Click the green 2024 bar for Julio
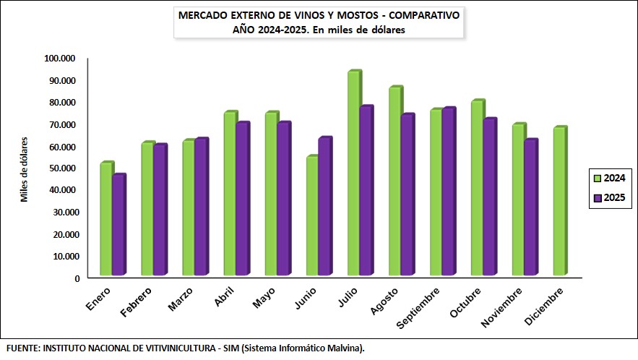click(x=353, y=173)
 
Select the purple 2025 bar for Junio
click(x=324, y=207)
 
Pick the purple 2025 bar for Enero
click(x=118, y=226)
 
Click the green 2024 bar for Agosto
click(x=395, y=181)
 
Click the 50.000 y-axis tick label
click(x=62, y=168)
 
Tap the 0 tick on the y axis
click(x=77, y=278)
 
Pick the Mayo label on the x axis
click(x=264, y=296)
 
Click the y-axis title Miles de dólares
click(x=24, y=168)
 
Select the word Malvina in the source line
click(x=343, y=348)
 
